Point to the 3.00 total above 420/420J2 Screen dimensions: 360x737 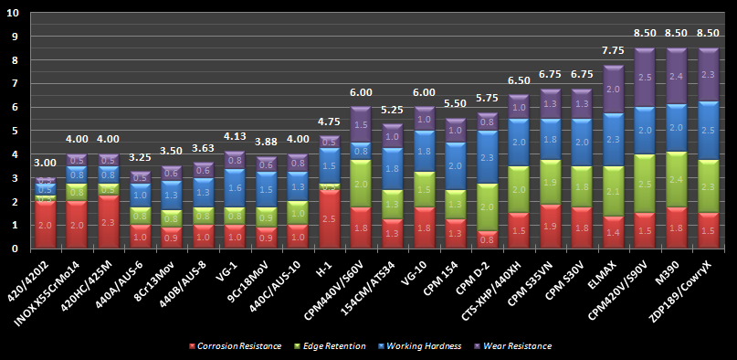coord(45,163)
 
